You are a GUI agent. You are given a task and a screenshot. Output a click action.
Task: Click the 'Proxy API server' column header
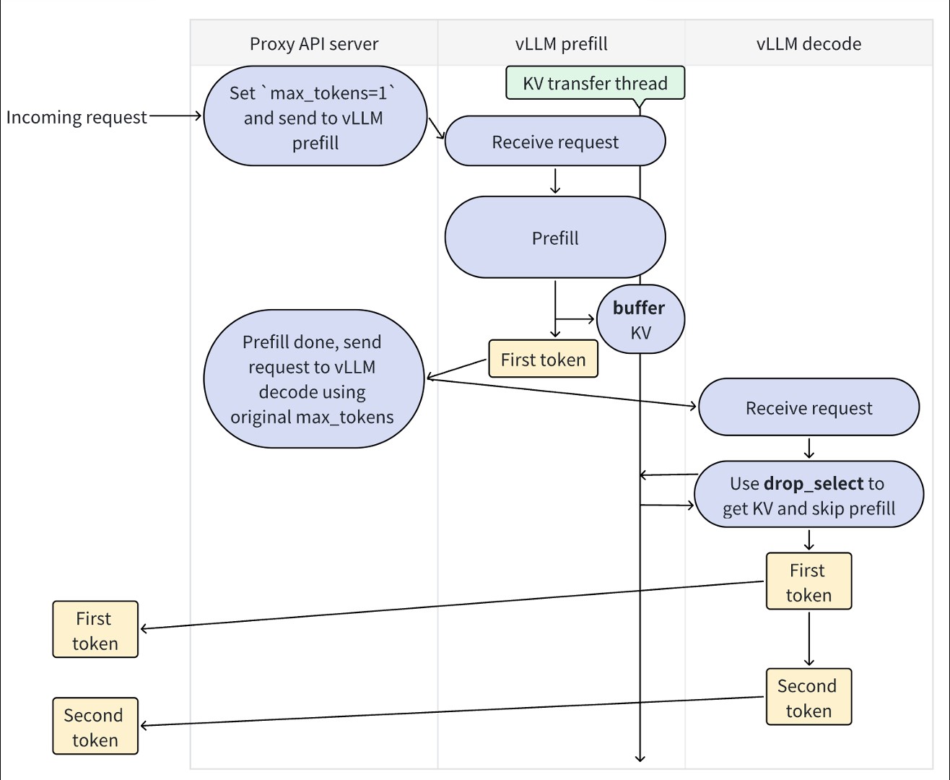313,44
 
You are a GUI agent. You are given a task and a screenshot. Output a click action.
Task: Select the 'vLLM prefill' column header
561,44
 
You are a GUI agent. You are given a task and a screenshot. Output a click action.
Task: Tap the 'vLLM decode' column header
809,44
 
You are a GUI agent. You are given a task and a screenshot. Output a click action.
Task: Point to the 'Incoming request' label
77,117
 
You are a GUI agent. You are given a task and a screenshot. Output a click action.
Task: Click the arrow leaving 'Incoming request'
175,116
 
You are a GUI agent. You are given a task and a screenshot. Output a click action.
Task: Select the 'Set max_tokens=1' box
315,117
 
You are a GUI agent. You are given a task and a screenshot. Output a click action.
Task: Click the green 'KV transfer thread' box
595,83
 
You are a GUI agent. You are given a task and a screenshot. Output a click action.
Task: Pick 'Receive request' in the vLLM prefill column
554,142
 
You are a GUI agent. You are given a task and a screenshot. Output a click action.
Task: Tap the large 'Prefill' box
554,238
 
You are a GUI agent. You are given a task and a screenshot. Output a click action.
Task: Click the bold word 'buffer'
639,308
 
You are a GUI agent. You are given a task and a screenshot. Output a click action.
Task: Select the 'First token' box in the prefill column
543,359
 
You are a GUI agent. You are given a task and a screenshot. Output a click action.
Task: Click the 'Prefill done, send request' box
313,379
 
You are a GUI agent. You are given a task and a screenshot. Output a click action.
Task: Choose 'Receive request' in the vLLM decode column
809,408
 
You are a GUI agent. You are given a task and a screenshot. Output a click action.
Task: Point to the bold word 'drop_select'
813,483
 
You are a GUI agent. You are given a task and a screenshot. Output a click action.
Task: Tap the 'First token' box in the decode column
809,581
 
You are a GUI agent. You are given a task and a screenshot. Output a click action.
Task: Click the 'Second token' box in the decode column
809,697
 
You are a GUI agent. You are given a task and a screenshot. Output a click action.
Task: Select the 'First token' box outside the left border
95,630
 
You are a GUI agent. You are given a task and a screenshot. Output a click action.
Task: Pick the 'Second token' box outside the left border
95,727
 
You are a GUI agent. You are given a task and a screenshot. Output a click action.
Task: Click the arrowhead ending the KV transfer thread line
640,757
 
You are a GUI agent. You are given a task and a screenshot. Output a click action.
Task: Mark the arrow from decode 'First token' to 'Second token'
809,638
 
